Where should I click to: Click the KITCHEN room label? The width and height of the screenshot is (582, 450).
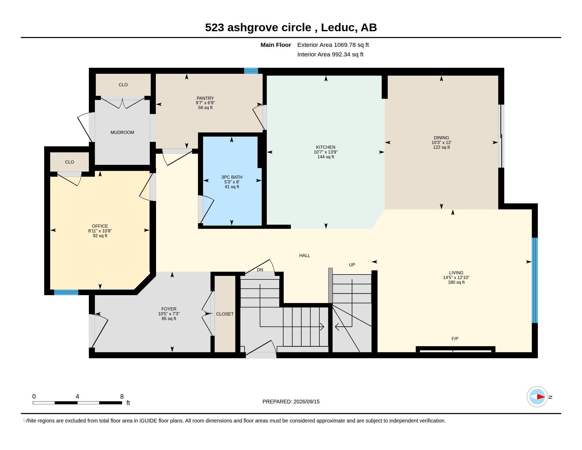pyautogui.click(x=326, y=147)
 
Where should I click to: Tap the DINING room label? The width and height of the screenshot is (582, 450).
pyautogui.click(x=441, y=138)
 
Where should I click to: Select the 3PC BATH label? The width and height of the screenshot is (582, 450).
pyautogui.click(x=232, y=177)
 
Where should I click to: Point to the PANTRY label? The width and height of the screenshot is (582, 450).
pyautogui.click(x=205, y=98)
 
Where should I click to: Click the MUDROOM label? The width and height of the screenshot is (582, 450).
pyautogui.click(x=122, y=133)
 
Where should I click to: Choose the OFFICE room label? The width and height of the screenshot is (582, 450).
pyautogui.click(x=100, y=226)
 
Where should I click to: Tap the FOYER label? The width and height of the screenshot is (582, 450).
pyautogui.click(x=169, y=309)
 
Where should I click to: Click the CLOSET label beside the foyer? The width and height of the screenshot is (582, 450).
pyautogui.click(x=225, y=314)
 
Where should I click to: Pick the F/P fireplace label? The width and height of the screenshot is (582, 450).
pyautogui.click(x=455, y=339)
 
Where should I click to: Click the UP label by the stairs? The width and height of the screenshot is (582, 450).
pyautogui.click(x=352, y=265)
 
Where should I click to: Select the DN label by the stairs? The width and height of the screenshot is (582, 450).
pyautogui.click(x=260, y=270)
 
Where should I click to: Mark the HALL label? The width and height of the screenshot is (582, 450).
pyautogui.click(x=304, y=255)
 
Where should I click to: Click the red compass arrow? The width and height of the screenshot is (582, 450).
pyautogui.click(x=541, y=397)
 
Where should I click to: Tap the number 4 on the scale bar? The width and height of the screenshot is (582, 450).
pyautogui.click(x=77, y=397)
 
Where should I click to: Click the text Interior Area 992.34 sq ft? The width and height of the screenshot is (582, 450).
pyautogui.click(x=330, y=54)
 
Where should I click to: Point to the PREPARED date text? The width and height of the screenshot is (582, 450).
pyautogui.click(x=291, y=402)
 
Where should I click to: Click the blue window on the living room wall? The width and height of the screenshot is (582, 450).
pyautogui.click(x=535, y=280)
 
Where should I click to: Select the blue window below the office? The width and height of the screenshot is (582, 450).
pyautogui.click(x=66, y=292)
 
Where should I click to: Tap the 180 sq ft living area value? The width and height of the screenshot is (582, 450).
pyautogui.click(x=456, y=282)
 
